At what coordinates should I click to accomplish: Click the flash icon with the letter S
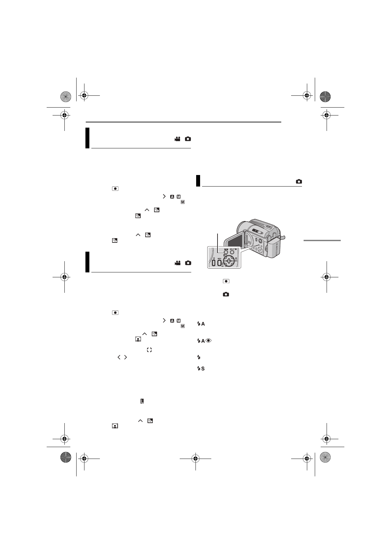coord(201,368)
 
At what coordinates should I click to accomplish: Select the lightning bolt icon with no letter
coord(198,357)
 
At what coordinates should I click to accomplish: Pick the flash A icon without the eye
coord(201,324)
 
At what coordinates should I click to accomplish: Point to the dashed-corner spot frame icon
coord(149,350)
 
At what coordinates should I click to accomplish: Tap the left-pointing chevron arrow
coord(119,357)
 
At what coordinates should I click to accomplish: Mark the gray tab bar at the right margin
coord(322,240)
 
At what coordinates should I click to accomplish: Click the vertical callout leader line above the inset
coord(218,242)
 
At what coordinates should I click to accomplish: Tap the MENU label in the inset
coord(219,259)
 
